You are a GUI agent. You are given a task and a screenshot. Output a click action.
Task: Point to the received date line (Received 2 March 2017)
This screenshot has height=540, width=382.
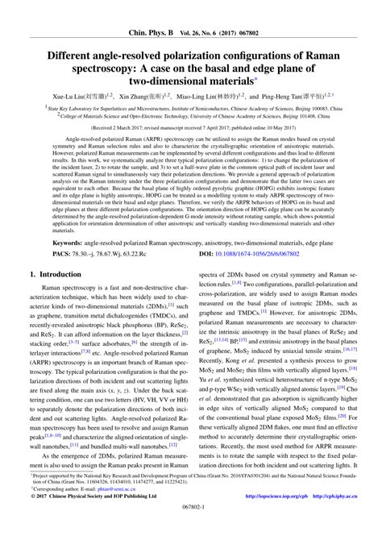click(x=190, y=127)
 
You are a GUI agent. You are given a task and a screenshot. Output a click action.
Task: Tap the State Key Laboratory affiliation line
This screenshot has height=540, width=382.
click(x=190, y=105)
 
